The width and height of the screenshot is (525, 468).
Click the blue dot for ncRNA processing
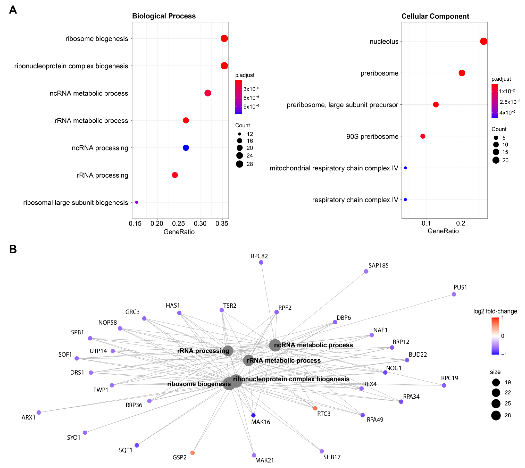(x=186, y=148)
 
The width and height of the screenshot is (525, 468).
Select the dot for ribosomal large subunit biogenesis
(x=137, y=202)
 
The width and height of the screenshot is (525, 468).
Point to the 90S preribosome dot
(x=423, y=136)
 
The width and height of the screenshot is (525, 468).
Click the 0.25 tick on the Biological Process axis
(x=179, y=223)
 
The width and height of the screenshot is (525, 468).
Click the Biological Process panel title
(x=164, y=16)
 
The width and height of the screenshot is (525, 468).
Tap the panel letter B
(x=13, y=249)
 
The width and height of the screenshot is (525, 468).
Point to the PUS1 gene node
(x=454, y=294)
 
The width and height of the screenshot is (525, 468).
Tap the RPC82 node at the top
(x=261, y=262)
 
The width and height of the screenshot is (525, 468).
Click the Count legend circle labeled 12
(x=240, y=134)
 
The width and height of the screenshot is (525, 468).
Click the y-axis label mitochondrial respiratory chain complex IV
(x=334, y=168)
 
